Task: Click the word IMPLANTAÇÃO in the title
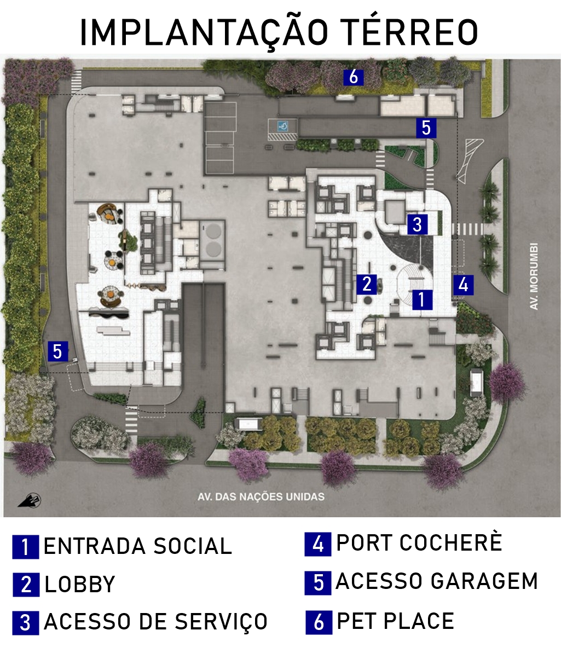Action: tap(204, 33)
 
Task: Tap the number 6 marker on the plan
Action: tap(354, 78)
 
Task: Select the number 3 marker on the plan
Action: tap(417, 224)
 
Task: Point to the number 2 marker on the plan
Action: tap(367, 284)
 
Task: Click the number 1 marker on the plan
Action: tap(423, 300)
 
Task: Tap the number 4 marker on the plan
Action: tap(463, 285)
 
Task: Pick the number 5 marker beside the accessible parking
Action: tap(426, 128)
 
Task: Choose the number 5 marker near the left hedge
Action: tap(57, 351)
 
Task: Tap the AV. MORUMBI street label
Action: tap(534, 276)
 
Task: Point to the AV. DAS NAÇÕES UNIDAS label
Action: tap(261, 497)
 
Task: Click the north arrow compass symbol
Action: tap(30, 501)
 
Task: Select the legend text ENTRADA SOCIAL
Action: tap(138, 546)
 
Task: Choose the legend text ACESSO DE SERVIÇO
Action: tap(155, 622)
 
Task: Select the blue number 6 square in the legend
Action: tap(319, 622)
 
